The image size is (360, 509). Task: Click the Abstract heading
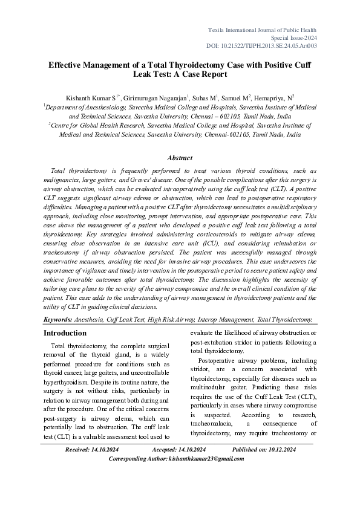point(180,158)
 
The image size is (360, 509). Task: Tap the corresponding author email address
point(204,459)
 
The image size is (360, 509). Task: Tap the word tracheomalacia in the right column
point(215,424)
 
